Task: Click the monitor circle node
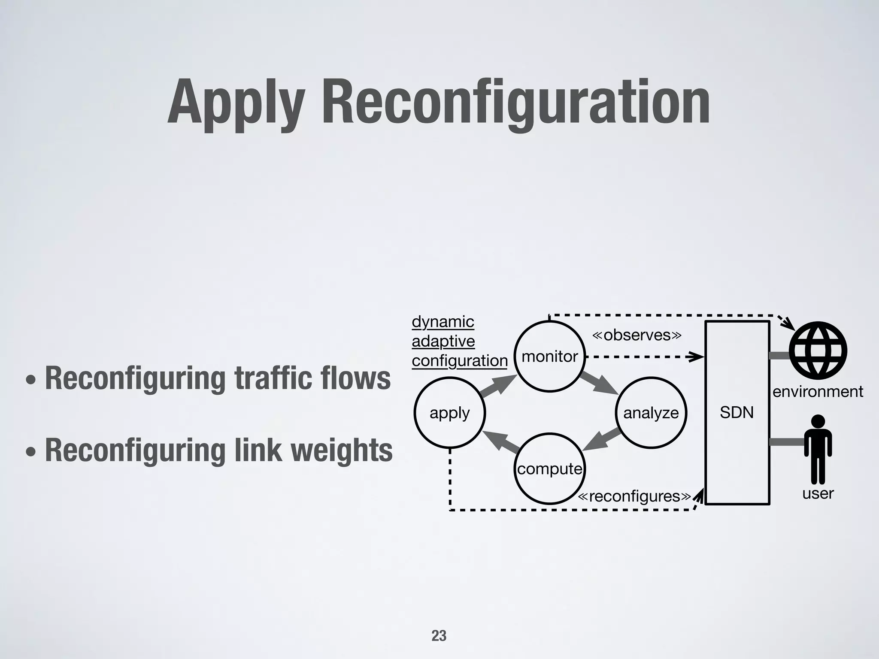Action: (550, 356)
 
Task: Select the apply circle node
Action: (449, 413)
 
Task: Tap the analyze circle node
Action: (651, 413)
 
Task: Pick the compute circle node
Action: (550, 469)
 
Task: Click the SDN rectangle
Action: (737, 413)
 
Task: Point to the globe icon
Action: (818, 350)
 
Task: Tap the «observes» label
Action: (637, 335)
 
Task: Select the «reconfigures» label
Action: (634, 496)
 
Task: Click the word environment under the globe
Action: (818, 392)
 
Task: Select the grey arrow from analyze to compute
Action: (602, 439)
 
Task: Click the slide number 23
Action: (439, 635)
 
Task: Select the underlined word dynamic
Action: (443, 321)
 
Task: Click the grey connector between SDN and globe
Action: (779, 356)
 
